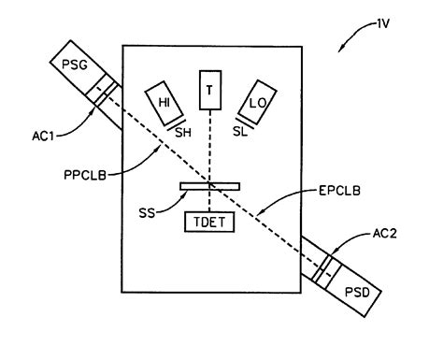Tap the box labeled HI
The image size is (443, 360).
click(x=162, y=101)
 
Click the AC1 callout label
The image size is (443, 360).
click(x=40, y=134)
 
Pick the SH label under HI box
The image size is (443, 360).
click(x=184, y=133)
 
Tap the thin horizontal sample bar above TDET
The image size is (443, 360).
click(x=210, y=186)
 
